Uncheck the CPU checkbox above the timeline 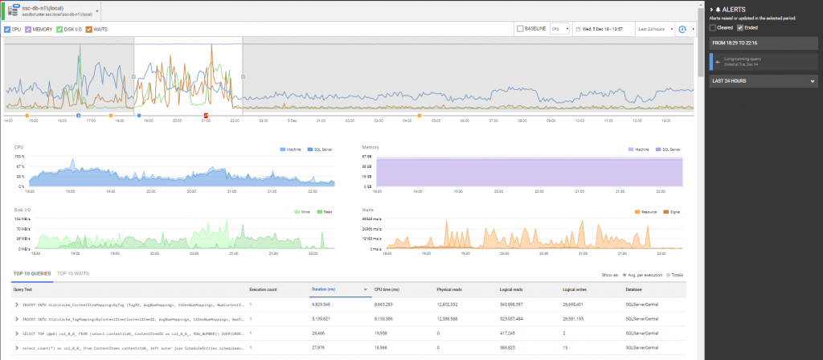(x=7, y=29)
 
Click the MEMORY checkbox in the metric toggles (x=29, y=29)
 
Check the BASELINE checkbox (x=520, y=29)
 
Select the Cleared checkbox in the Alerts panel (x=712, y=27)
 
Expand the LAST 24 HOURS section (x=764, y=81)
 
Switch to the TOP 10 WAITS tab (x=73, y=274)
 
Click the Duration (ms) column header (x=325, y=288)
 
